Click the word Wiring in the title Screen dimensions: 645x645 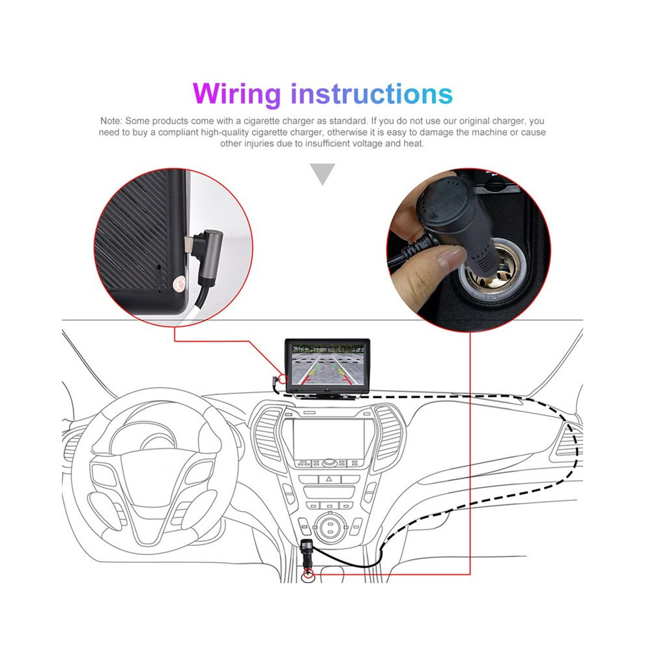click(236, 94)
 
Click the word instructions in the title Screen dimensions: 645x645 click(372, 94)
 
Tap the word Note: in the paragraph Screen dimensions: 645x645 click(111, 121)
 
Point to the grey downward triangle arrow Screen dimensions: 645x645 click(322, 173)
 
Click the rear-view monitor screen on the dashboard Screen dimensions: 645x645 click(328, 365)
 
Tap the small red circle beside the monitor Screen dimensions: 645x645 click(283, 379)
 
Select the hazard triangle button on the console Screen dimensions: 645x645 click(329, 479)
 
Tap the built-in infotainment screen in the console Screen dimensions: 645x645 click(328, 439)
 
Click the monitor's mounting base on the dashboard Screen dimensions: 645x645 click(326, 395)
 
